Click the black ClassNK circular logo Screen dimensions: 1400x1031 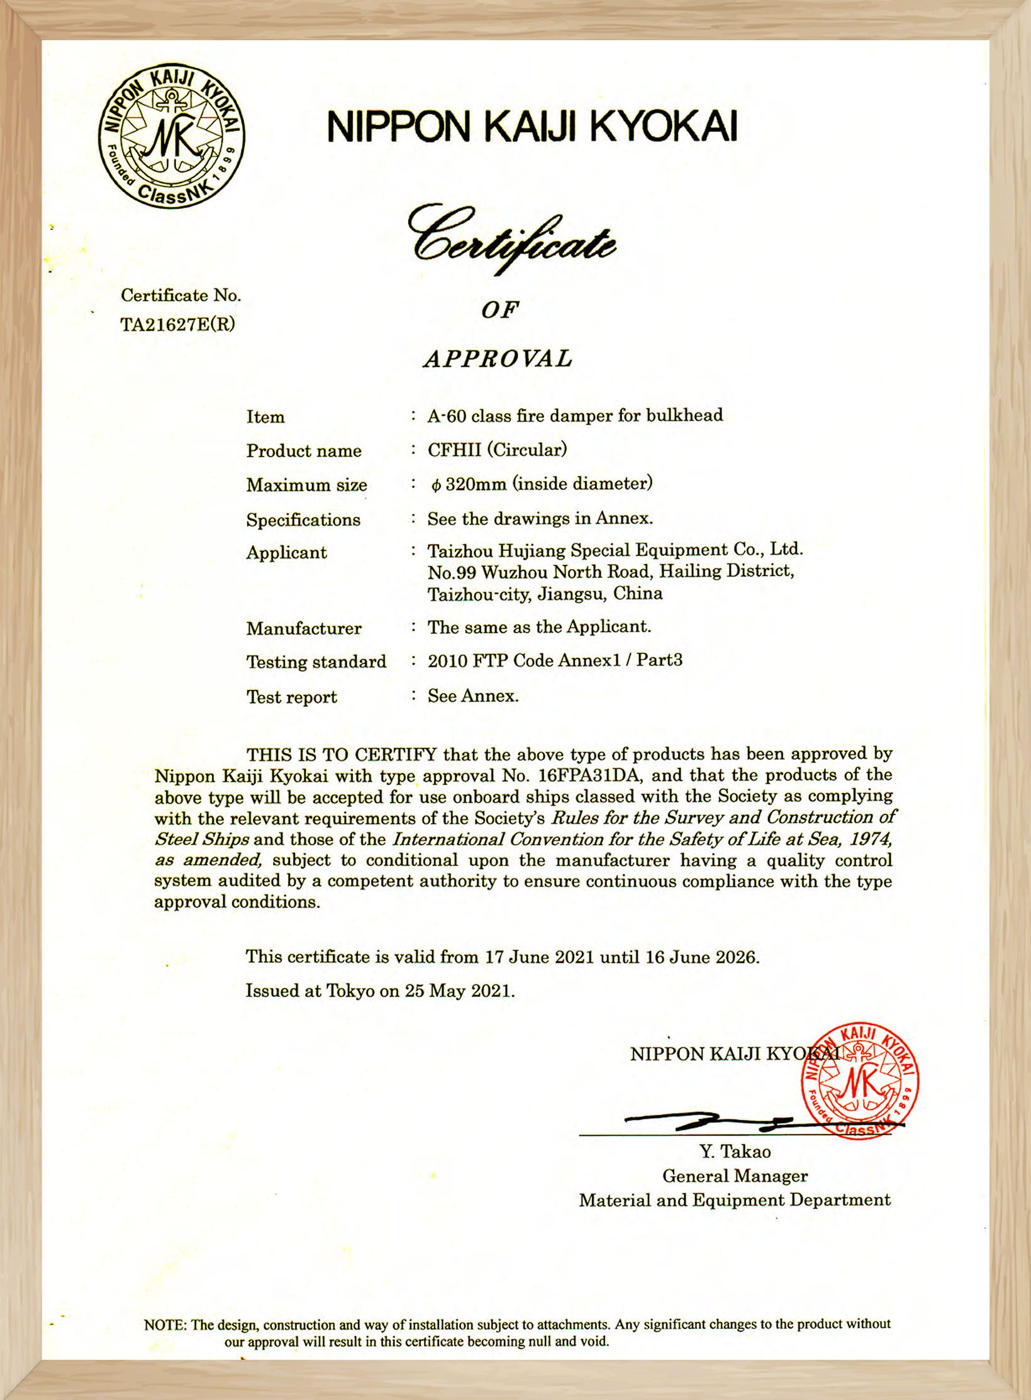171,135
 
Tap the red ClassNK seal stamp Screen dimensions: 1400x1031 860,1081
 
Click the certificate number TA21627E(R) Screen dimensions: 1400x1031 177,325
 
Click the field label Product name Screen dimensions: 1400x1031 304,451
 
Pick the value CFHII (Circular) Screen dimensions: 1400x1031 497,450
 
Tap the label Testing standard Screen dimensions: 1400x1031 316,662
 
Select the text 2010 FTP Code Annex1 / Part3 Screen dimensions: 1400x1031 555,660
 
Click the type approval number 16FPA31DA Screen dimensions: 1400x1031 589,775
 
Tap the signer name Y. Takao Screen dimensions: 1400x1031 735,1152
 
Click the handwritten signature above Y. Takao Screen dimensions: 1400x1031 711,1121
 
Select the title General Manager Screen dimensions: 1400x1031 735,1175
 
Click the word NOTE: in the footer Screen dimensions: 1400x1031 165,1325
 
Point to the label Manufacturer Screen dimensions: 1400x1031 304,628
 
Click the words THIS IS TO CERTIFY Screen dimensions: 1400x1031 341,754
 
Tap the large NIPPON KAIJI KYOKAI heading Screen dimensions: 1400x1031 532,126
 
